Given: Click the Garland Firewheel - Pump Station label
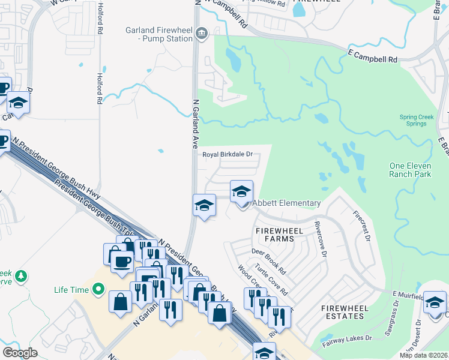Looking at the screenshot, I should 158,35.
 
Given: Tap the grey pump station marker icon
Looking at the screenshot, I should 202,35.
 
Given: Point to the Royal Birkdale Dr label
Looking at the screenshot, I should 227,155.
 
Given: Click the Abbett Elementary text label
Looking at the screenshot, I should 286,203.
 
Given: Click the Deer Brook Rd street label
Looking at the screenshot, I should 268,262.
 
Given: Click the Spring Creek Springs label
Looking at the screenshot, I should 413,121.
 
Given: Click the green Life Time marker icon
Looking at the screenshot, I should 98,290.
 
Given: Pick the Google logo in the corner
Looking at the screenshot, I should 20,353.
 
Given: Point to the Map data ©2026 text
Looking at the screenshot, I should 424,355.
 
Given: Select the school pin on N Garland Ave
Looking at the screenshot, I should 204,206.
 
